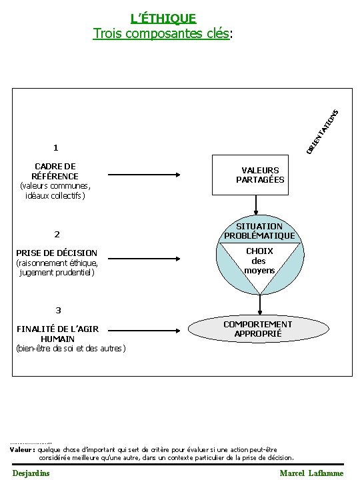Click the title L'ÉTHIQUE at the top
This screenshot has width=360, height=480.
pos(163,19)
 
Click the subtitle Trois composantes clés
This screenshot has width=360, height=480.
pos(163,33)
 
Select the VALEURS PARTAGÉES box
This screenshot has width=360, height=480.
pos(260,175)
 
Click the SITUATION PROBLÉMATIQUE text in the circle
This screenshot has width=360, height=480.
pos(260,231)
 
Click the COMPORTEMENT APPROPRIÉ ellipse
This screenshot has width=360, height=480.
pos(257,329)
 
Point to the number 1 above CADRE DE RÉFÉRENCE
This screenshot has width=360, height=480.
pos(57,147)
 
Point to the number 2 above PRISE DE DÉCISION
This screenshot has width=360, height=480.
pos(57,234)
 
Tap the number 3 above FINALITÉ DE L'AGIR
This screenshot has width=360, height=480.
pos(59,310)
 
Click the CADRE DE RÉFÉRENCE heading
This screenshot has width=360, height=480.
pos(55,171)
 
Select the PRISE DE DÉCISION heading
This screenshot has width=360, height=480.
pos(57,253)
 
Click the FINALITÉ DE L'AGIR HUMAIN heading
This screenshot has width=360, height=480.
pos(57,333)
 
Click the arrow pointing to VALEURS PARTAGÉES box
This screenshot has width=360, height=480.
pos(144,175)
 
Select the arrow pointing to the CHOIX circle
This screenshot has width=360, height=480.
pos(144,259)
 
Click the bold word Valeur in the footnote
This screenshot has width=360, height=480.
pos(22,449)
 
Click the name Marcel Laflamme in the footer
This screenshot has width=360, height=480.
pos(311,473)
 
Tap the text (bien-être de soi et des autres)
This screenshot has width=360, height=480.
pos(70,348)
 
